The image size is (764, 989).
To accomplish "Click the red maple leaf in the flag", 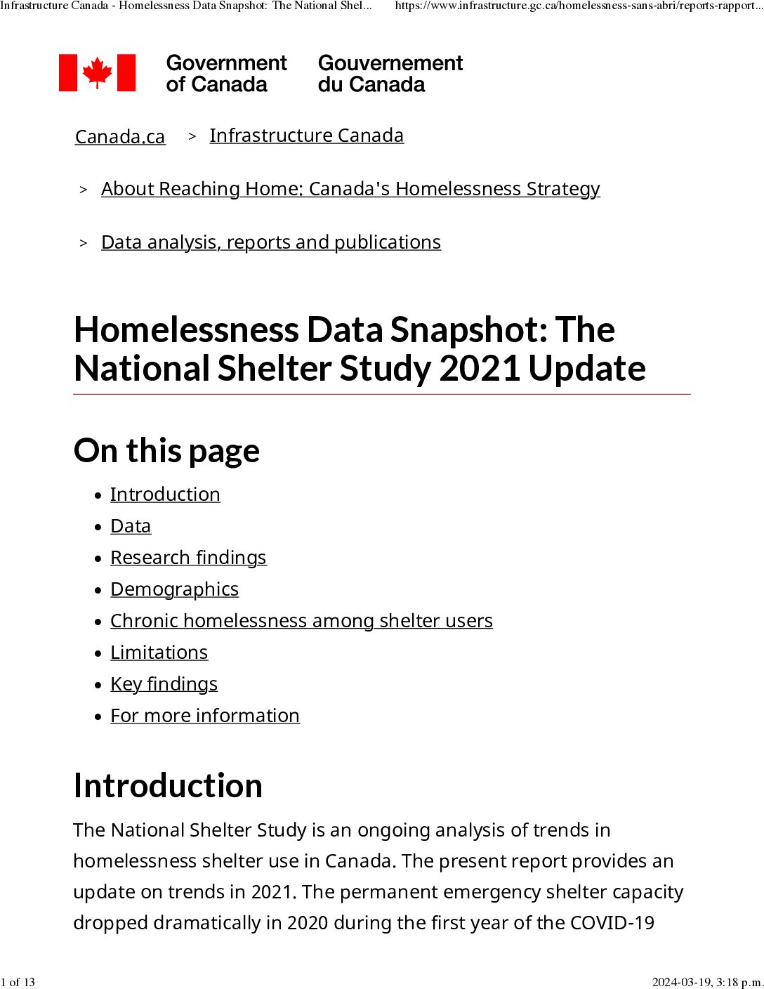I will coord(97,72).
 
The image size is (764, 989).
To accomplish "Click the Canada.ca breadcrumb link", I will coord(120,136).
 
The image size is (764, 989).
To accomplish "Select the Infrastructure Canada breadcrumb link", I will coord(306,135).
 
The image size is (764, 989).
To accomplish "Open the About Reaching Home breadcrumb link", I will coord(350,188).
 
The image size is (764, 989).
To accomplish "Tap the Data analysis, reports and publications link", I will coord(271,242).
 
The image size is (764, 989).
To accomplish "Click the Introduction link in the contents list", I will coord(165,494).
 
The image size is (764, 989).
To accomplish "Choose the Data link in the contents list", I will coord(131,525).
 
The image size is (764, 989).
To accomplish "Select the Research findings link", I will coord(188,557).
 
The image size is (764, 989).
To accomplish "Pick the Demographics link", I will coord(174,589).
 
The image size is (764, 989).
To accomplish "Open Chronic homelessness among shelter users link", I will coord(301,620).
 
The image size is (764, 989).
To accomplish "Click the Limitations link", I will coord(159,652).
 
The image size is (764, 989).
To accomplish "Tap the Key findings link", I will coord(164,683).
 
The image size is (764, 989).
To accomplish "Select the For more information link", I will coord(205,715).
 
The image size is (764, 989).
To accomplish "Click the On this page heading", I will coord(166,450).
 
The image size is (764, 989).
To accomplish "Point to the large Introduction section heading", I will coord(168,785).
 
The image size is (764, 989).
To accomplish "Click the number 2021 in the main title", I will coord(480,368).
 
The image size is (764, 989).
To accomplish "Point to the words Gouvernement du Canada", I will coord(390,73).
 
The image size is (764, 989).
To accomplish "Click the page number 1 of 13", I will coord(18,982).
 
